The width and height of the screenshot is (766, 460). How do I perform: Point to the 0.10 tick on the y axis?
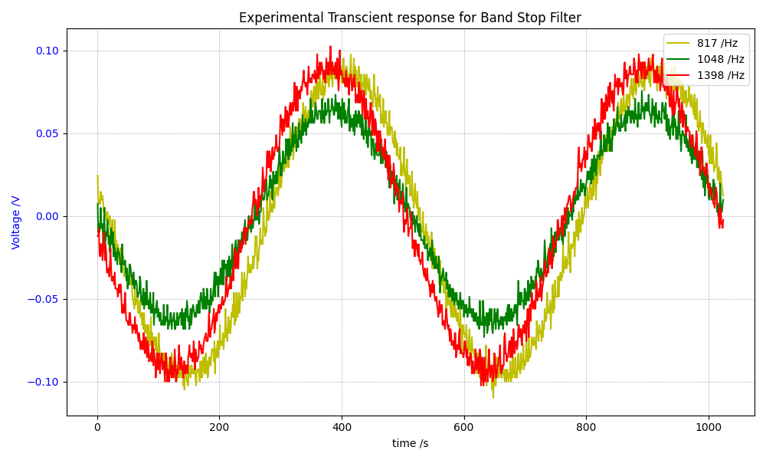[47, 51]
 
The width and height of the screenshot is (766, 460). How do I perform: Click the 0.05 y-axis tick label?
[47, 133]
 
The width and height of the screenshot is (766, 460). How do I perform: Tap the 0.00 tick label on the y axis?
[47, 216]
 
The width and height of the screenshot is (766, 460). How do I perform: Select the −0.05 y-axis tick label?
[44, 299]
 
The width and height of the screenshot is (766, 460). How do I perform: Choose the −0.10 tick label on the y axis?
[44, 382]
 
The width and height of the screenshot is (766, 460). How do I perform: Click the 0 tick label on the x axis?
[97, 429]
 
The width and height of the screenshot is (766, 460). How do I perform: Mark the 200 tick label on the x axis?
[219, 429]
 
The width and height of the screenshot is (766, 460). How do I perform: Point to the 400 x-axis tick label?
[342, 429]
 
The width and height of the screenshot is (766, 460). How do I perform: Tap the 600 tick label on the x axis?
[463, 429]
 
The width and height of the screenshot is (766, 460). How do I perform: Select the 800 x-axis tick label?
[586, 429]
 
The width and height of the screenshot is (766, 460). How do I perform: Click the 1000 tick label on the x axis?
[708, 429]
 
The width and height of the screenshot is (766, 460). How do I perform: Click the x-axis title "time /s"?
[411, 444]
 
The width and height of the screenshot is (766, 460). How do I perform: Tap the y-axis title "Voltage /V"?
[16, 222]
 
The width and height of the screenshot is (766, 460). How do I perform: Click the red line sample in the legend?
[679, 75]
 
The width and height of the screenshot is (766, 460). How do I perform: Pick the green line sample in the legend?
[679, 59]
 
